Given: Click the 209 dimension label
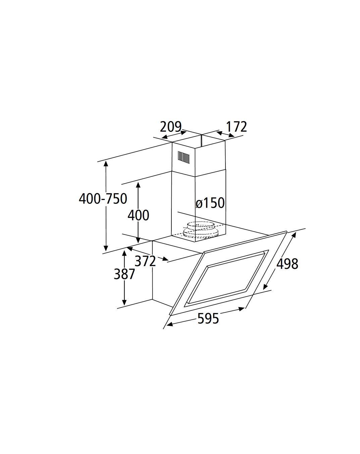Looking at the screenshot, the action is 170,127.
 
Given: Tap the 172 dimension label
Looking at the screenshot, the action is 236,127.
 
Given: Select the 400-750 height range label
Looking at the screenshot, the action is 103,199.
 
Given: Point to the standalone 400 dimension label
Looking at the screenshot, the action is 139,215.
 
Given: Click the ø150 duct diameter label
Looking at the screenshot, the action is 210,203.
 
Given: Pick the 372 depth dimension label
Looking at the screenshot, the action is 145,261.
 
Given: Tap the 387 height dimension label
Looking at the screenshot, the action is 124,274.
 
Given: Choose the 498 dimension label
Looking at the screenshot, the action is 287,263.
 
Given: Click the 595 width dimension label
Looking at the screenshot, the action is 208,318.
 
